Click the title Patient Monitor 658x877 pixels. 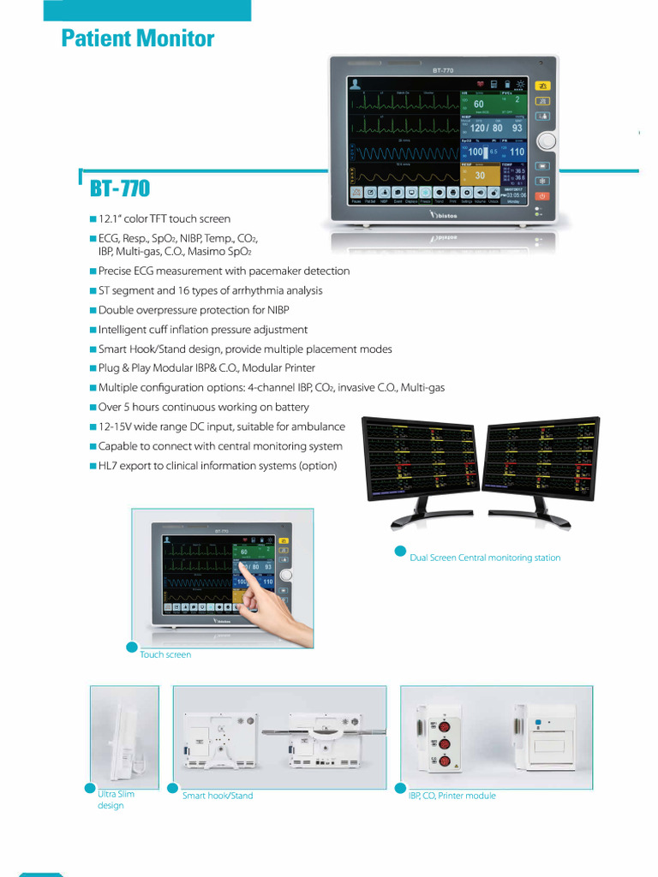(x=138, y=39)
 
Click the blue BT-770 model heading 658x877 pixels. (x=119, y=187)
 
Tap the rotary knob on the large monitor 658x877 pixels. (x=544, y=141)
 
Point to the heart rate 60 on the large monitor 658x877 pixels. (x=478, y=104)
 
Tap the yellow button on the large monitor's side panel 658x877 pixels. (x=542, y=86)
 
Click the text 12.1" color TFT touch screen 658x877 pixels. (x=164, y=219)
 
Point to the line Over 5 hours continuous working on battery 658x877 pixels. (x=204, y=408)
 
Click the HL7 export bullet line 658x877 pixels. (x=218, y=466)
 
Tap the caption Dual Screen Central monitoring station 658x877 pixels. (x=485, y=558)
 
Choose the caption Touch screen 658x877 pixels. (x=165, y=654)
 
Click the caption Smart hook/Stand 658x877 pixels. (x=218, y=796)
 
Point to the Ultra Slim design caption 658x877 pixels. (x=116, y=800)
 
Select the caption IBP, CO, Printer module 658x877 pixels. (x=452, y=796)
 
